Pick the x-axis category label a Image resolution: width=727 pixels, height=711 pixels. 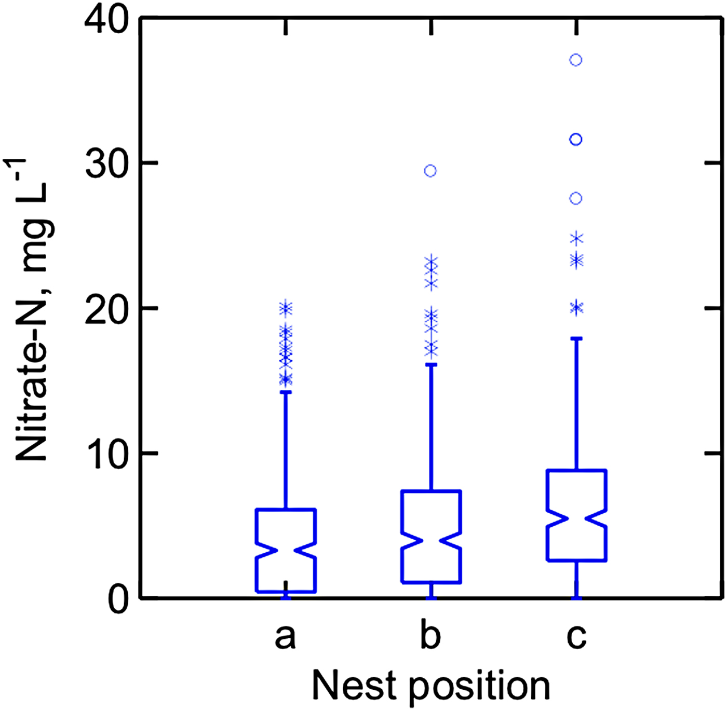pyautogui.click(x=286, y=636)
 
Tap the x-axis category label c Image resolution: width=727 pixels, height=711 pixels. pyautogui.click(x=576, y=636)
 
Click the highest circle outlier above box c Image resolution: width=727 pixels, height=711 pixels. pyautogui.click(x=576, y=60)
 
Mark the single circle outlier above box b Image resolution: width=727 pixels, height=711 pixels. pyautogui.click(x=430, y=171)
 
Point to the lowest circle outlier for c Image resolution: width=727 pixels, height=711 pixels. pyautogui.click(x=576, y=199)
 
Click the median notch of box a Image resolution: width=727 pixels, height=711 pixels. pyautogui.click(x=286, y=551)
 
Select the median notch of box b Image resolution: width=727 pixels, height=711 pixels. pyautogui.click(x=430, y=540)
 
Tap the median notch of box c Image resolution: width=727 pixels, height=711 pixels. pyautogui.click(x=576, y=518)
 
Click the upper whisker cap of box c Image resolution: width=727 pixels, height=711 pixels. pyautogui.click(x=576, y=338)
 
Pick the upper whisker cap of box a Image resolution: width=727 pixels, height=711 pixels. pyautogui.click(x=286, y=392)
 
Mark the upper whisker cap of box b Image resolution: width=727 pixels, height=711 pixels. pyautogui.click(x=430, y=365)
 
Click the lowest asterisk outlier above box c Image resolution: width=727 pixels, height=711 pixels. pyautogui.click(x=576, y=308)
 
